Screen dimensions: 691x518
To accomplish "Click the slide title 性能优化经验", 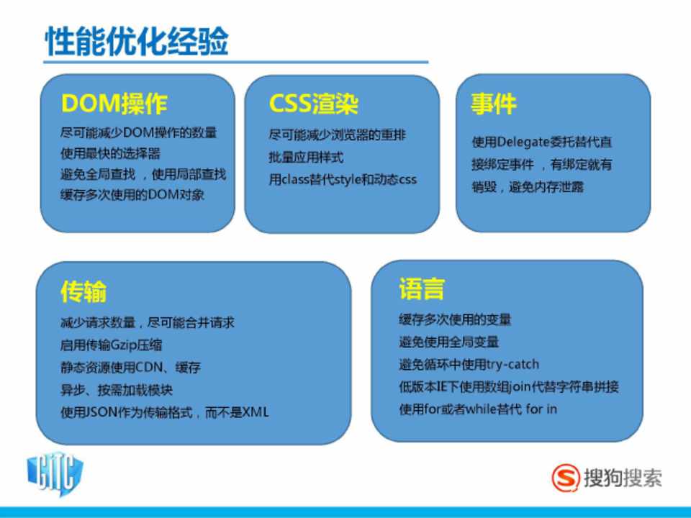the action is pyautogui.click(x=137, y=41).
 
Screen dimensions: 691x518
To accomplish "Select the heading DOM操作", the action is pyautogui.click(x=114, y=104).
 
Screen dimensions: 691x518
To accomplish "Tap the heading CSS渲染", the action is pyautogui.click(x=313, y=104).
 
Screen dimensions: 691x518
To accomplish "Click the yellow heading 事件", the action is pyautogui.click(x=493, y=104).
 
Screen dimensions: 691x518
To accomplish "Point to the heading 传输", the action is pyautogui.click(x=83, y=291).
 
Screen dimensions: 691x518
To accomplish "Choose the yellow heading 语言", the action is pyautogui.click(x=422, y=288).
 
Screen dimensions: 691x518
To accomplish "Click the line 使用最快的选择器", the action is pyautogui.click(x=110, y=153).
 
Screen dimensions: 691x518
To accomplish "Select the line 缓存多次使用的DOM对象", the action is pyautogui.click(x=132, y=194).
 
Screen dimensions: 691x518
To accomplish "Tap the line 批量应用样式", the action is pyautogui.click(x=306, y=158).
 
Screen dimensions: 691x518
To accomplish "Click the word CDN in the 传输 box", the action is pyautogui.click(x=150, y=367).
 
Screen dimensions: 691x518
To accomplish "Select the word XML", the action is pyautogui.click(x=256, y=412).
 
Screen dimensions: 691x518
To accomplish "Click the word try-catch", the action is pyautogui.click(x=512, y=364).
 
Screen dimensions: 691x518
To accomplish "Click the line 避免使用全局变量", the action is pyautogui.click(x=448, y=342).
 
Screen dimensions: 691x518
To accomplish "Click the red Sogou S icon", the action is pyautogui.click(x=566, y=478).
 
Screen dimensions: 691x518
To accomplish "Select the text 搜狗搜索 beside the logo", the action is pyautogui.click(x=623, y=478).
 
